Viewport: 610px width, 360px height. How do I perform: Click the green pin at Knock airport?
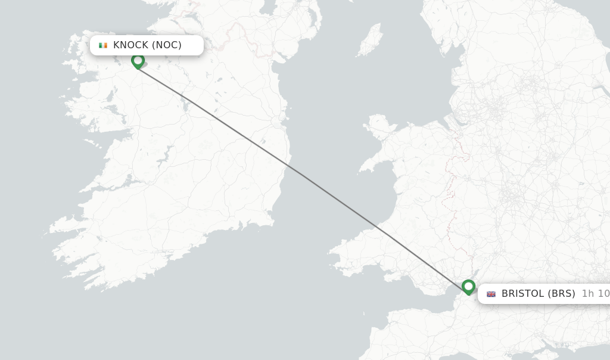(x=138, y=61)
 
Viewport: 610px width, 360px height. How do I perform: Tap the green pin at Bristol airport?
(x=468, y=287)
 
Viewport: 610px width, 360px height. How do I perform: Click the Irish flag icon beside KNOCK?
(x=103, y=45)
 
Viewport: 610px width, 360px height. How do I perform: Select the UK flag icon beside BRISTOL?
(x=491, y=294)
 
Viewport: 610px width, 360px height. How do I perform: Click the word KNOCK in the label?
(x=130, y=45)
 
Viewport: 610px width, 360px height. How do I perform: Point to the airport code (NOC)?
(x=167, y=45)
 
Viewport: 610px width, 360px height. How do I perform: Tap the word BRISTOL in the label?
(x=522, y=294)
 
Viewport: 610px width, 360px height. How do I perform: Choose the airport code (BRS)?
(x=562, y=294)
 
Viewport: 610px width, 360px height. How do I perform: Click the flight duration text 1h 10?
(x=595, y=294)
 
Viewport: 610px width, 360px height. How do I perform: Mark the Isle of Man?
(x=369, y=41)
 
